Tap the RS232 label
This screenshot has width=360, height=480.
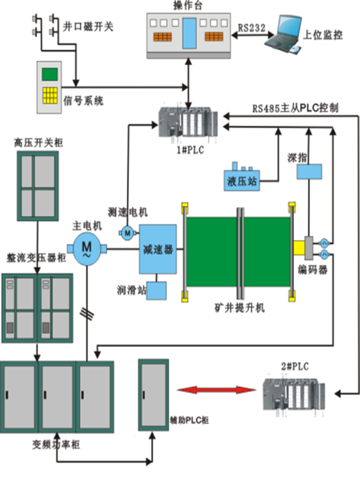251,28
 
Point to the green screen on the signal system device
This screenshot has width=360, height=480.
50,74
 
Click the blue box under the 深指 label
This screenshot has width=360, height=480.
310,172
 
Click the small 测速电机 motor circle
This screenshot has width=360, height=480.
128,232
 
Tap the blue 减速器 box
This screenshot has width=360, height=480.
158,250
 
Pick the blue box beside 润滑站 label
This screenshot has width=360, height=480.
157,291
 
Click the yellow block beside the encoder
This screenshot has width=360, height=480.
299,247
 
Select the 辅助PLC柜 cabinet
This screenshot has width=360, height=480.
153,394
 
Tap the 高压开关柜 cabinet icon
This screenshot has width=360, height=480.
37,187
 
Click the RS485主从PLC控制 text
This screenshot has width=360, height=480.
295,109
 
